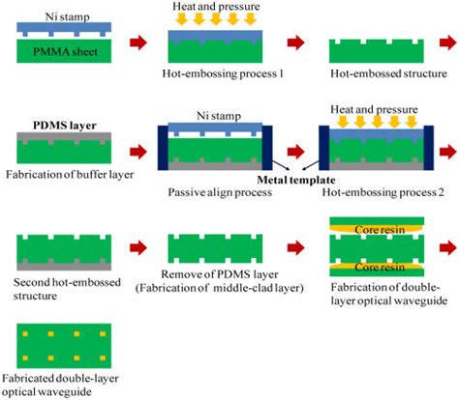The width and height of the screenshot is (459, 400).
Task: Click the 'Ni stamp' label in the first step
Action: click(x=57, y=16)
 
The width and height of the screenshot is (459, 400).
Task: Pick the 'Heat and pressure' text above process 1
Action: click(x=209, y=8)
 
